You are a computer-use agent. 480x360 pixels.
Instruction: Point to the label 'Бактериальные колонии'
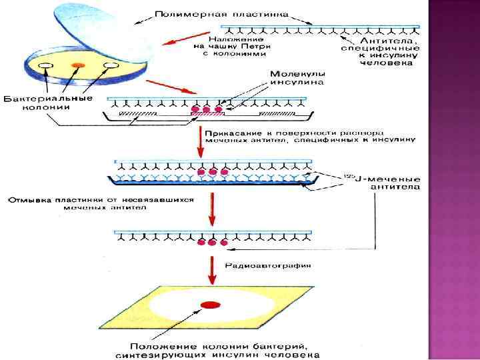(x=48, y=103)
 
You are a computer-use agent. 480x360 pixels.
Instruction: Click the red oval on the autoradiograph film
(x=211, y=305)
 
